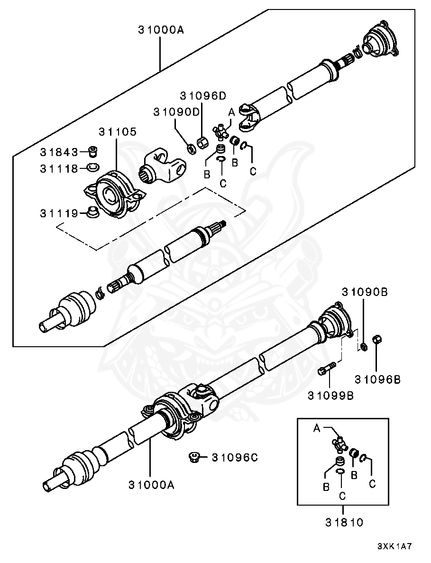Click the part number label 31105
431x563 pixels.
117,131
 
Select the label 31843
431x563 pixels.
58,152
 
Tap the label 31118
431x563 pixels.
58,168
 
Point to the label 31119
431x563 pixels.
58,213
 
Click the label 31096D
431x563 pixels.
203,96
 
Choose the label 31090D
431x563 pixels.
176,112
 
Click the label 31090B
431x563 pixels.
364,292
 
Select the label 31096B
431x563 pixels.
377,379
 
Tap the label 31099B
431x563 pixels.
330,395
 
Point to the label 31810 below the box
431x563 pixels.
344,523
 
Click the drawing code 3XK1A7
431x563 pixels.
394,546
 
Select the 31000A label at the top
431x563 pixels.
161,30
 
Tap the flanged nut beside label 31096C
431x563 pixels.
194,457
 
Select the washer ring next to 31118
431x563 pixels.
93,167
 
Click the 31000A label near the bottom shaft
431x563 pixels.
151,485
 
